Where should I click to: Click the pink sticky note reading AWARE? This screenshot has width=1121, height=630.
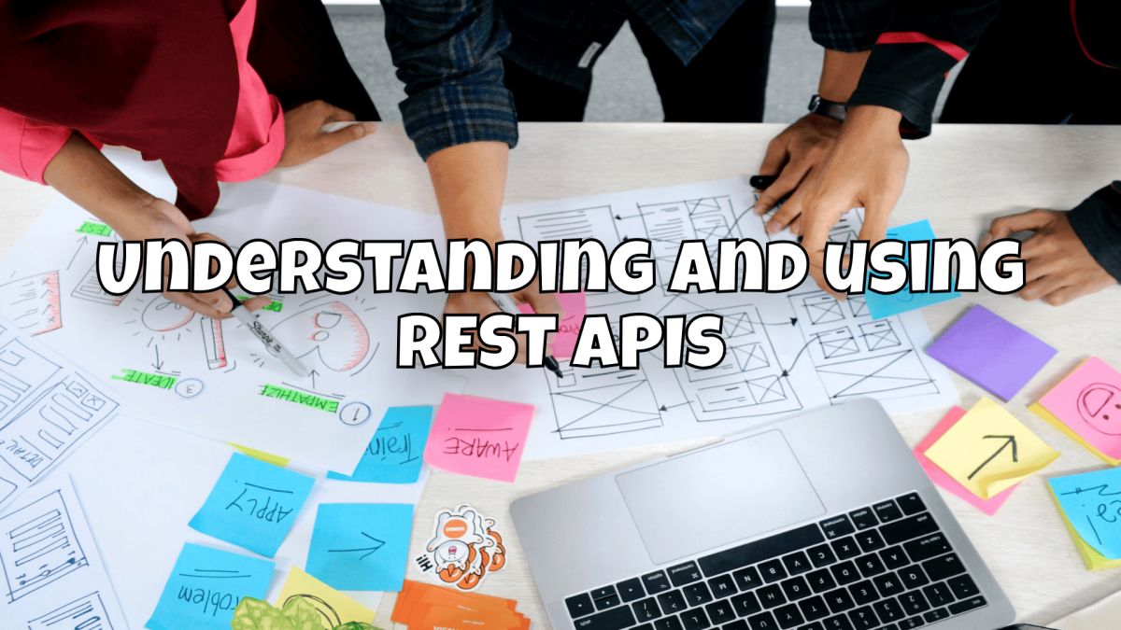[478, 436]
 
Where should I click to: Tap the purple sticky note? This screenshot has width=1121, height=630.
[990, 350]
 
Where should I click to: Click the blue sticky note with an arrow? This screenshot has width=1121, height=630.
[360, 546]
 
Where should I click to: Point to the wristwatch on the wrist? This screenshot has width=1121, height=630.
[826, 108]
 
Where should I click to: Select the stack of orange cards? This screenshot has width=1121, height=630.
[458, 607]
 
